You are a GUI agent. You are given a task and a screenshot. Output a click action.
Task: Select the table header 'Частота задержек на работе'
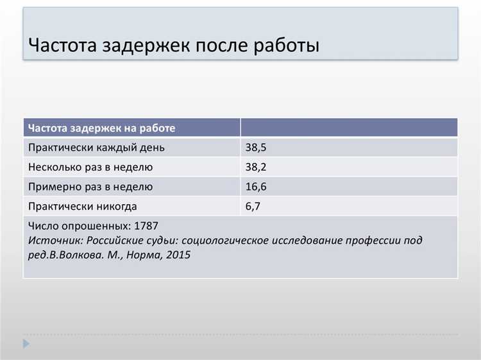[102, 128]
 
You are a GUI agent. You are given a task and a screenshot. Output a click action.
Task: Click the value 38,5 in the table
[255, 148]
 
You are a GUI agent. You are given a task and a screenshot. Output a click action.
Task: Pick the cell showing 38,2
[255, 167]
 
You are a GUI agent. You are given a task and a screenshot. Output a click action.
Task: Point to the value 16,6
[255, 187]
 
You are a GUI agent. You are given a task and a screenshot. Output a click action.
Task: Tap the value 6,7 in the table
[252, 207]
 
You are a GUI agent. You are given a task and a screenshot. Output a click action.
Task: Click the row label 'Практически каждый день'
[96, 148]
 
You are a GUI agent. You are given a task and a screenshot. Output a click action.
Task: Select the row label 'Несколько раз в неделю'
[90, 167]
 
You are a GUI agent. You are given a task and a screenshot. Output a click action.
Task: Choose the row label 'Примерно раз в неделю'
[90, 187]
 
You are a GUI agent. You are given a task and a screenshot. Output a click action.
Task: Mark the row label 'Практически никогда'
[83, 207]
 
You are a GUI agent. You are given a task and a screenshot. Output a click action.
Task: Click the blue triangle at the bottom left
[26, 345]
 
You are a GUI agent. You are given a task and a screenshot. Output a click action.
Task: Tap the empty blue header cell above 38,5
[349, 128]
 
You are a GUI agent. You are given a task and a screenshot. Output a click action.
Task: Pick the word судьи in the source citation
[160, 241]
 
